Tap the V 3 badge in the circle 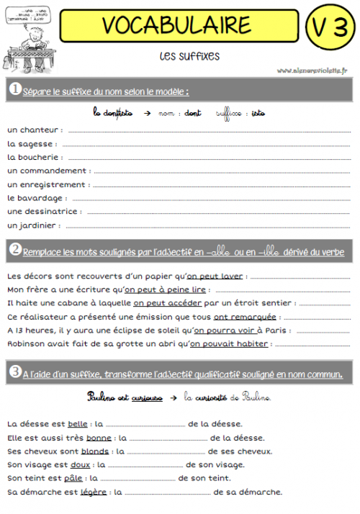329,27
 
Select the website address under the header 311,71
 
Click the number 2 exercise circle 14,251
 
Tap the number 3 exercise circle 14,372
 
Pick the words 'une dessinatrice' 42,212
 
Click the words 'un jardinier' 32,225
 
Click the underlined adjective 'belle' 77,424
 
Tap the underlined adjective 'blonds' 95,451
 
